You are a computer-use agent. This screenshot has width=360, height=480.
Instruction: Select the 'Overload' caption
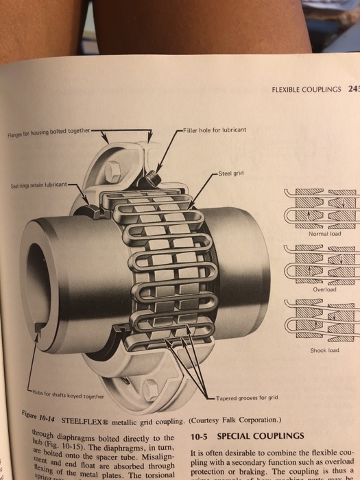(x=326, y=289)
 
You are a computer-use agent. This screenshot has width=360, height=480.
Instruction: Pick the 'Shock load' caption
(x=325, y=350)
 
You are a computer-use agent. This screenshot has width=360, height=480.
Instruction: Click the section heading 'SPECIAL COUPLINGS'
(x=261, y=436)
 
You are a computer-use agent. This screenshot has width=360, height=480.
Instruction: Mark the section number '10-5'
(x=199, y=436)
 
